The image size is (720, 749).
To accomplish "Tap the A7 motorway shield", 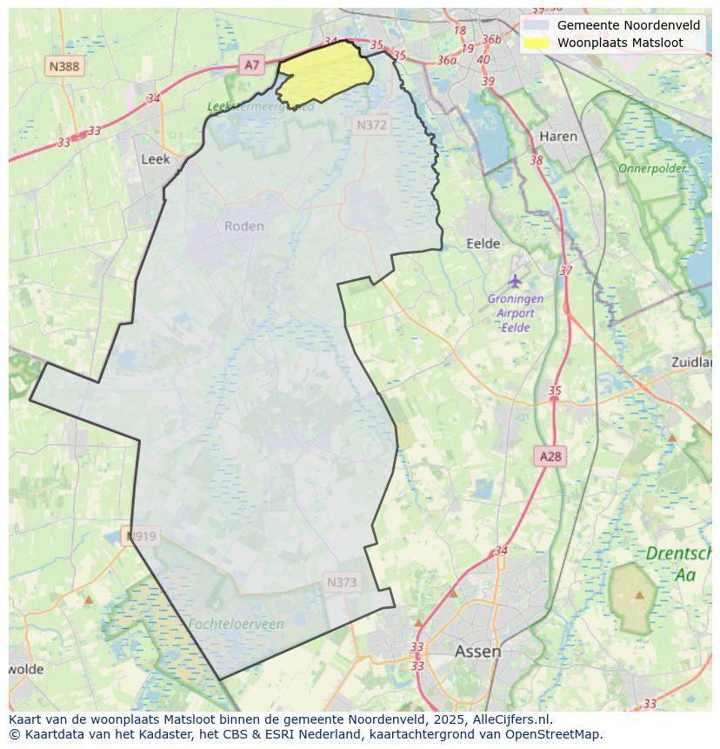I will (x=251, y=64).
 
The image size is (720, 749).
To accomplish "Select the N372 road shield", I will (x=371, y=125).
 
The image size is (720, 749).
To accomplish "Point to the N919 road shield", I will (x=141, y=536).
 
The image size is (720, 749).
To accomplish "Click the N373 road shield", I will (x=342, y=583).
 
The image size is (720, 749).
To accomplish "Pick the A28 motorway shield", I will (x=550, y=456).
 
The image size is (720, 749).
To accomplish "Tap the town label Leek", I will (x=155, y=159).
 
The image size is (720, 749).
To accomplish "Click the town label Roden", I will (x=243, y=226).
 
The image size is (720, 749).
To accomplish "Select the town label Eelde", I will (x=483, y=244).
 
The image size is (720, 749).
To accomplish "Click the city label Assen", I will (x=477, y=651).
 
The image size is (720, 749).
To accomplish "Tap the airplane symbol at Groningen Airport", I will (x=516, y=281).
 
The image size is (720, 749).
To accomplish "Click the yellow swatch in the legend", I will (x=536, y=43).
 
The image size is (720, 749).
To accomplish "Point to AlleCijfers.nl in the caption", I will (x=511, y=719).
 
